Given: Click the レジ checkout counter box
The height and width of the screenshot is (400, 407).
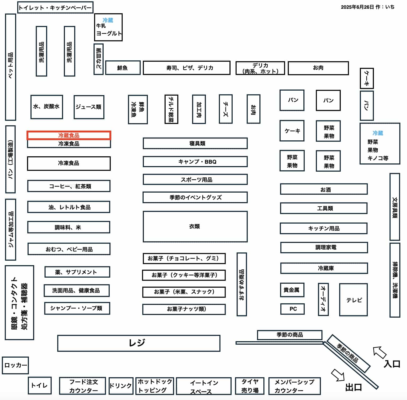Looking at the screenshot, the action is [139, 343].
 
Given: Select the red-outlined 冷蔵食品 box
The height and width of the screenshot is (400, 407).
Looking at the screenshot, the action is [69, 135].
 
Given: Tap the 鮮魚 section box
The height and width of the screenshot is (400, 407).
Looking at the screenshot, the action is [123, 68].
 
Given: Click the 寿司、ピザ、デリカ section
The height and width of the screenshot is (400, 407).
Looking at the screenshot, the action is [187, 68].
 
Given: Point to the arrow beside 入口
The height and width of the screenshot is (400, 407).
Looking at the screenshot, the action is [379, 352].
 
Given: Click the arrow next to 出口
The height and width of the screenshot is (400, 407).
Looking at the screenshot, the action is [338, 375].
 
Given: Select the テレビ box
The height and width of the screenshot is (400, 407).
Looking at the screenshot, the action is [353, 300].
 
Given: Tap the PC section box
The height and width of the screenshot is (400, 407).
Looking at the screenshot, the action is [292, 309].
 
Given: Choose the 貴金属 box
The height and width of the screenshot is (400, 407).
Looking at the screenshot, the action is [292, 290].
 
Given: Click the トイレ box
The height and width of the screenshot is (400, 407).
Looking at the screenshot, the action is [39, 385].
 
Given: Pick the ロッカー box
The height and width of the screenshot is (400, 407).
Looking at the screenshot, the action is [15, 365].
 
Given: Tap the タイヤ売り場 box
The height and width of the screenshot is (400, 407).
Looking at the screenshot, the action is [250, 386].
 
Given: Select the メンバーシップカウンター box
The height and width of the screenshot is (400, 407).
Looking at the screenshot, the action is [294, 386].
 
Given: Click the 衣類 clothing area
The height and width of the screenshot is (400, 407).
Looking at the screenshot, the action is [195, 226].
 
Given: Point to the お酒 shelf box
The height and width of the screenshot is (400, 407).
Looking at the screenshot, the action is [324, 189].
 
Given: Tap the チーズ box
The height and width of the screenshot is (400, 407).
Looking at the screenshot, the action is [226, 109].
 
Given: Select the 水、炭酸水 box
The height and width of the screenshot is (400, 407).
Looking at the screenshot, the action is [47, 107].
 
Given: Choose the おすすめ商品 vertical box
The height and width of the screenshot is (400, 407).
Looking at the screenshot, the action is [242, 284].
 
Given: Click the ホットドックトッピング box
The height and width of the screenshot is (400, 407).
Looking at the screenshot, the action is [155, 386].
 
